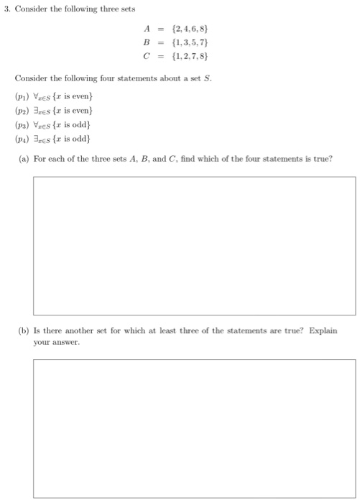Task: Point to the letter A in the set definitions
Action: [x=149, y=29]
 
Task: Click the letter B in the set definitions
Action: [x=149, y=42]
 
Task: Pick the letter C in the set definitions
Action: [x=149, y=54]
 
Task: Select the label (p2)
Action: [x=22, y=111]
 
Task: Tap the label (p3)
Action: [x=22, y=124]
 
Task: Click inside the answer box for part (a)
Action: [x=194, y=245]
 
